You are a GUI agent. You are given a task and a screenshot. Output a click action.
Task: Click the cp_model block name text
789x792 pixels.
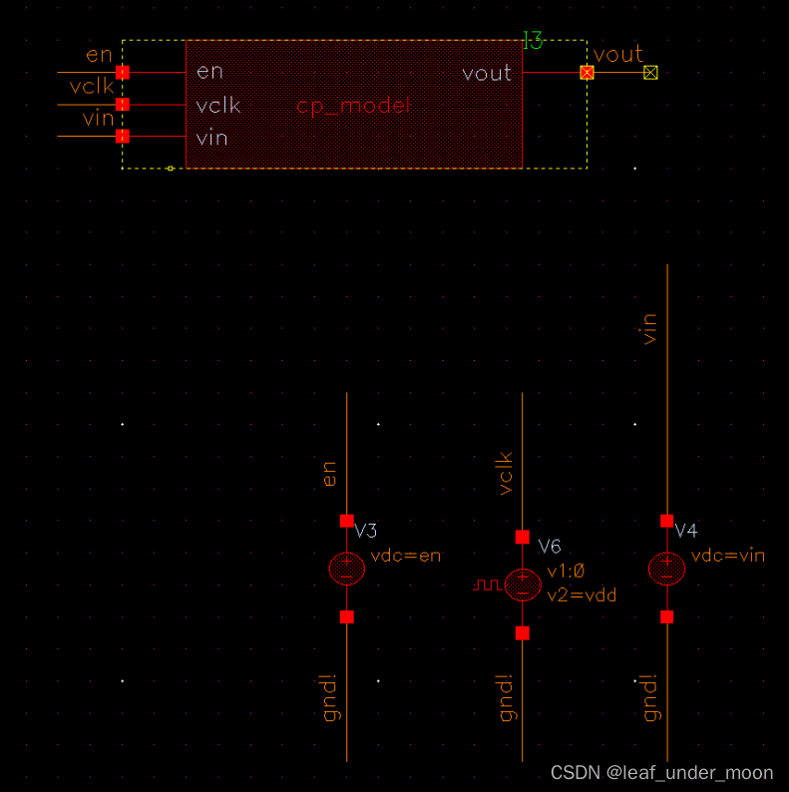tap(355, 106)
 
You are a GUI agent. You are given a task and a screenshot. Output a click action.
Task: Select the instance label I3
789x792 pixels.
tap(533, 42)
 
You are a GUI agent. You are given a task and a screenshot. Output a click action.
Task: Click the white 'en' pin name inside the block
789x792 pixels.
tap(209, 72)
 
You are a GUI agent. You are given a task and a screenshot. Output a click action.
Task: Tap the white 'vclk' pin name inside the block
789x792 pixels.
tap(218, 106)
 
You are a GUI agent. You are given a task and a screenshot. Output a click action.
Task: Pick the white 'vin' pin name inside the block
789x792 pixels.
tap(211, 138)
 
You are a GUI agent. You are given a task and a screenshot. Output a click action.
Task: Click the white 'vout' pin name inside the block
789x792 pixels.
tap(487, 73)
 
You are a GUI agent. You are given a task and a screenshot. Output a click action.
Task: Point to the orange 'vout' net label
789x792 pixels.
tap(618, 54)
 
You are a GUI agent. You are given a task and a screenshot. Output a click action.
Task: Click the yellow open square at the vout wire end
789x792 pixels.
tap(650, 72)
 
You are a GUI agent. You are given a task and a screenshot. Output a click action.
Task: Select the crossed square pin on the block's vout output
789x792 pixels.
tap(587, 72)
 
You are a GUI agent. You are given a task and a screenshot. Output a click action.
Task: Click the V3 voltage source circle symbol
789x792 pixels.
tap(346, 569)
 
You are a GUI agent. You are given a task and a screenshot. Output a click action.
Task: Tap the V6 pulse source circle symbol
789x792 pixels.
tap(523, 585)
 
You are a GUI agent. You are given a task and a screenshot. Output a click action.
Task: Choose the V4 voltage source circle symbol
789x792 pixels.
tap(666, 569)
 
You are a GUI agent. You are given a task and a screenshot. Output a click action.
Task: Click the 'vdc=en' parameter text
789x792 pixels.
tap(405, 556)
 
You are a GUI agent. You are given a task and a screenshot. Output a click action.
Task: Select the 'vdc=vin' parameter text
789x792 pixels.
tap(727, 556)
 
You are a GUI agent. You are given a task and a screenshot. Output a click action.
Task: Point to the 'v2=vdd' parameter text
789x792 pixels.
tap(582, 594)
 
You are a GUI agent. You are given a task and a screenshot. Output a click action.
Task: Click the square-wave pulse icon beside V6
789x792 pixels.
tap(487, 585)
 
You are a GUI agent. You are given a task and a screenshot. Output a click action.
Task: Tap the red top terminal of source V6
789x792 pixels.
tap(523, 537)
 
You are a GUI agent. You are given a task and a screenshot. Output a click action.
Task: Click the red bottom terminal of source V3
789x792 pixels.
tap(346, 616)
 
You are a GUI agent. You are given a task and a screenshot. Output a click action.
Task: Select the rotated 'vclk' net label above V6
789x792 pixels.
tap(505, 472)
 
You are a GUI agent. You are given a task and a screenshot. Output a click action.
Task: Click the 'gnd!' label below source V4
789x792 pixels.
tap(650, 697)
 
